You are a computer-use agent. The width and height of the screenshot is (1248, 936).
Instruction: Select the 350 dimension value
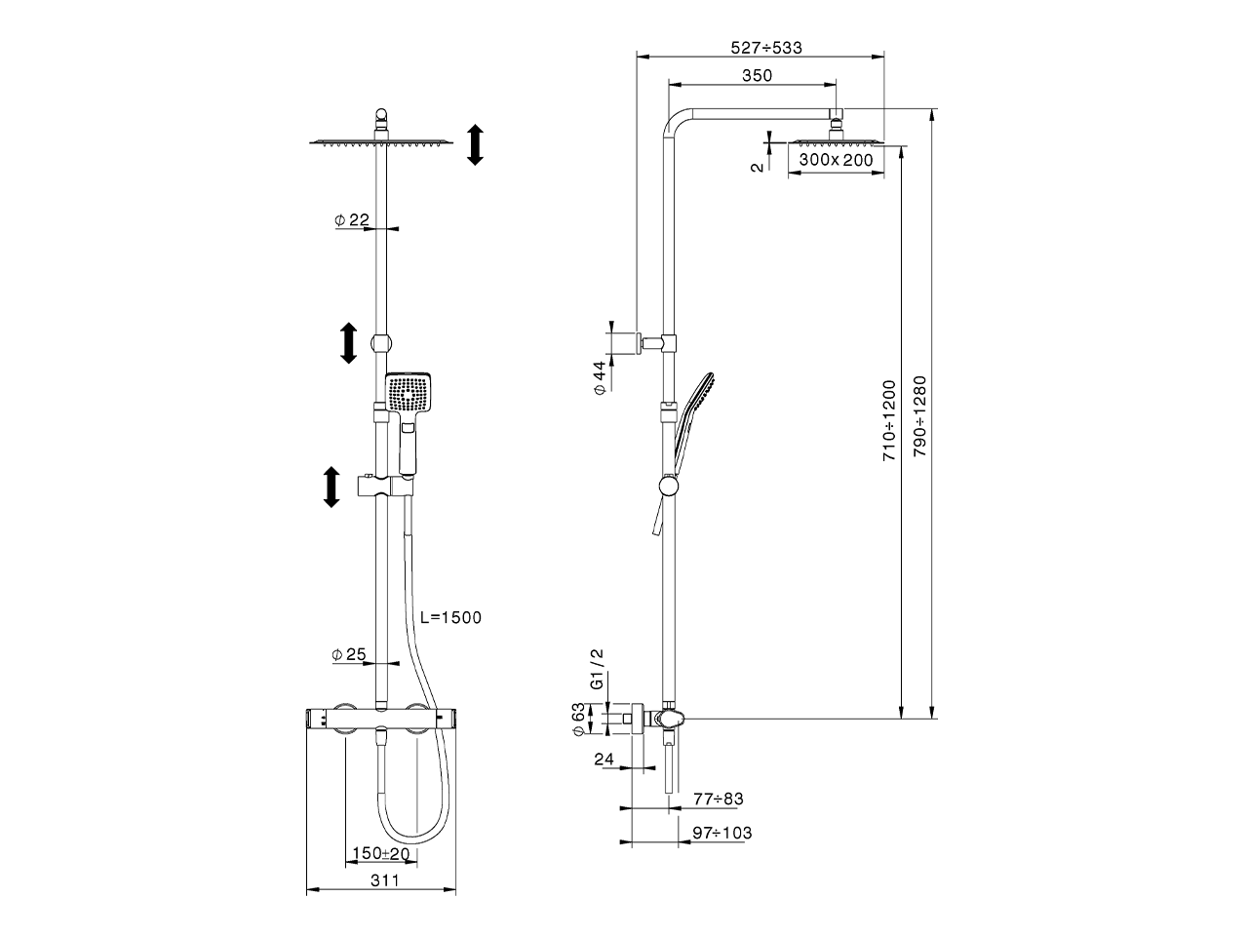point(757,76)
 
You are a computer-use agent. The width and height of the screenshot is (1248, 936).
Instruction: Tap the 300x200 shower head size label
point(836,160)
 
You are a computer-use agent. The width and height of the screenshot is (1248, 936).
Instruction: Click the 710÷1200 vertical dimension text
point(888,420)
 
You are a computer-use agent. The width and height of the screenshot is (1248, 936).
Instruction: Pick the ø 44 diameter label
point(601,376)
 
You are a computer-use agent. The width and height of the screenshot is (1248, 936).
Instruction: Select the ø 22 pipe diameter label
point(352,221)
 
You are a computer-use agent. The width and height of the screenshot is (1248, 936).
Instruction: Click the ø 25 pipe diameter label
point(349,655)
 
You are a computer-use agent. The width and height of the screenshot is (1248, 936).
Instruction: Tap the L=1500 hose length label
point(450,617)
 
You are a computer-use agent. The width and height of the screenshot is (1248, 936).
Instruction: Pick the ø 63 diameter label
point(578,720)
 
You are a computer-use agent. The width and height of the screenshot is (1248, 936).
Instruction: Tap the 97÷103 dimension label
point(722,834)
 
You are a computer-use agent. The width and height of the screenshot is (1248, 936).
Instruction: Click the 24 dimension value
point(603,758)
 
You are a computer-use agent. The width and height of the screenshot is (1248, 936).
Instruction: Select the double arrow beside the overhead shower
point(475,144)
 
